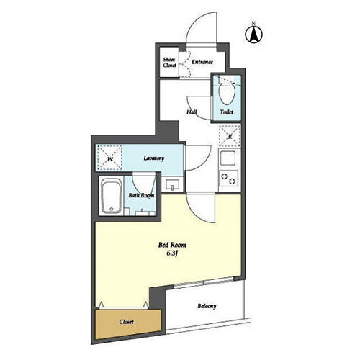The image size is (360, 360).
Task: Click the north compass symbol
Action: pyautogui.click(x=253, y=33)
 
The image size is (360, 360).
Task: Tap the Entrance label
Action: pyautogui.click(x=202, y=62)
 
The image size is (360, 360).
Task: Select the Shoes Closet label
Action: pyautogui.click(x=169, y=63)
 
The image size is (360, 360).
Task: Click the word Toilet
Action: pyautogui.click(x=227, y=112)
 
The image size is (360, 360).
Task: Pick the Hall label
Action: pyautogui.click(x=192, y=112)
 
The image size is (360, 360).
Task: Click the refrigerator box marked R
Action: pyautogui.click(x=230, y=136)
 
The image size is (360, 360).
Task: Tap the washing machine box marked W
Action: pyautogui.click(x=109, y=158)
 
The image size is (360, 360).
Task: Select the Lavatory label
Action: pyautogui.click(x=154, y=158)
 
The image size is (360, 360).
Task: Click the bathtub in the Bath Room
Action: pyautogui.click(x=111, y=196)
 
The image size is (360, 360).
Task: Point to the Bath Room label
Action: pyautogui.click(x=141, y=195)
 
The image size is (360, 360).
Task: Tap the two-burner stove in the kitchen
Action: pyautogui.click(x=229, y=179)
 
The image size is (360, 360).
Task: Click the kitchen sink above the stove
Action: pyautogui.click(x=228, y=158)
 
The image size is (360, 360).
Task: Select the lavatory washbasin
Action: pyautogui.click(x=172, y=185)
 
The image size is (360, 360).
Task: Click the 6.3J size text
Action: pyautogui.click(x=172, y=253)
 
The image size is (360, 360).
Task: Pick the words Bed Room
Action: pyautogui.click(x=172, y=245)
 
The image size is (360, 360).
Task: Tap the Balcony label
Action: pyautogui.click(x=207, y=306)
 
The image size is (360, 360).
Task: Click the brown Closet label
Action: pyautogui.click(x=126, y=322)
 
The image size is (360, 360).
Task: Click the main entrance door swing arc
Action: pyautogui.click(x=193, y=21)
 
